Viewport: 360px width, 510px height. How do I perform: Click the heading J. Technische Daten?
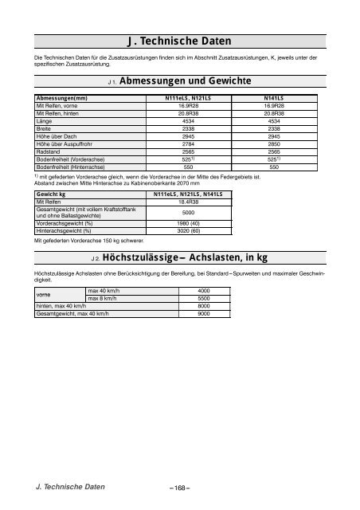coord(179,41)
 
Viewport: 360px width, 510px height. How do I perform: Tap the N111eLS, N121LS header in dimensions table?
coord(187,97)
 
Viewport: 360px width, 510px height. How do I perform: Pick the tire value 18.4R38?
coord(187,202)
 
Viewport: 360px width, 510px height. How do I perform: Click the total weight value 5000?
coord(187,212)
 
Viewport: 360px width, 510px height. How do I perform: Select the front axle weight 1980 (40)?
coord(187,223)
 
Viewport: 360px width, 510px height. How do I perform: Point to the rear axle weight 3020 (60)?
coord(187,230)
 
